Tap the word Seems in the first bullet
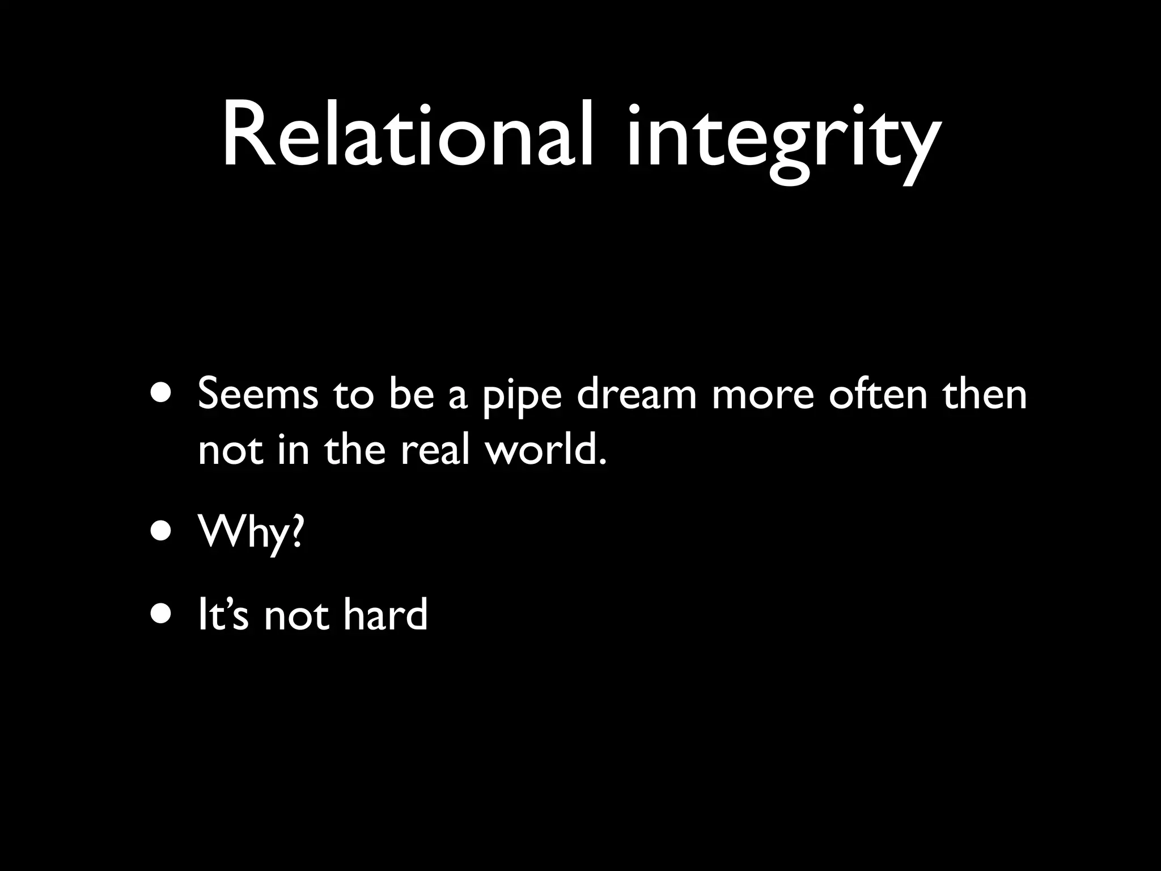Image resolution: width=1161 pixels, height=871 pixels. (x=258, y=394)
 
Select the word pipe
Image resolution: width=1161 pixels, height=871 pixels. (x=522, y=397)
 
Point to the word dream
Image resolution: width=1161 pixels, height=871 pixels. (x=637, y=394)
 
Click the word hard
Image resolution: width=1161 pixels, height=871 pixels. (x=385, y=615)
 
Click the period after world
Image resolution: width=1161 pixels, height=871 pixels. (x=602, y=462)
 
